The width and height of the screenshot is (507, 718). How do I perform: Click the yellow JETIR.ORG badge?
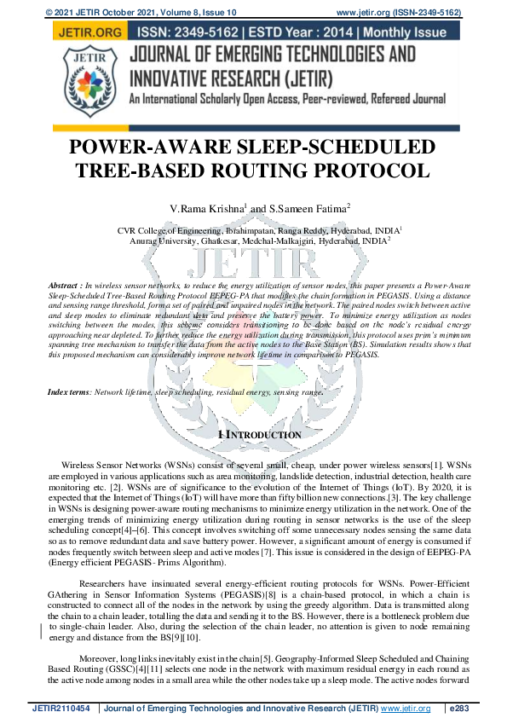[87, 32]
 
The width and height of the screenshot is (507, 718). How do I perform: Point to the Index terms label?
[67, 391]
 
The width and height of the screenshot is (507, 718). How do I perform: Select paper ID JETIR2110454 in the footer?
[62, 708]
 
